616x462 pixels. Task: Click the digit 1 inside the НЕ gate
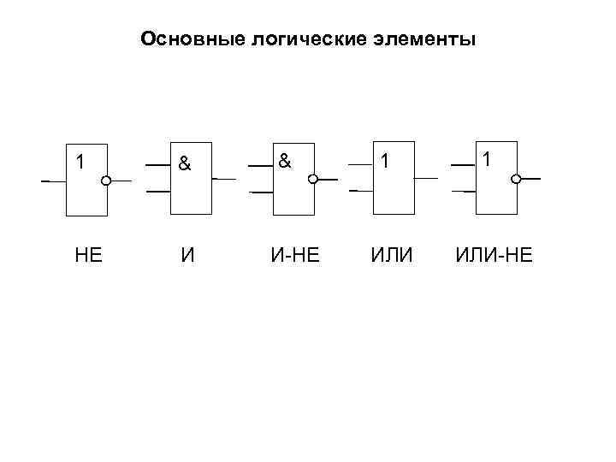tap(80, 161)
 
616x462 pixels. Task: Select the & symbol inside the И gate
tap(183, 162)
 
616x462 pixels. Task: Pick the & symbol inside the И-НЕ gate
tap(285, 159)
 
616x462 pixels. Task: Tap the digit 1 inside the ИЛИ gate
tap(387, 161)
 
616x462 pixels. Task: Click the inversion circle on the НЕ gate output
tap(107, 181)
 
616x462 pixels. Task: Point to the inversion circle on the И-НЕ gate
tap(313, 180)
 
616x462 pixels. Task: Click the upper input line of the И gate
tap(157, 163)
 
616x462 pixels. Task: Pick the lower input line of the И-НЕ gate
tap(261, 192)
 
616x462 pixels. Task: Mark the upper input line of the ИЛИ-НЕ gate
tap(463, 163)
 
